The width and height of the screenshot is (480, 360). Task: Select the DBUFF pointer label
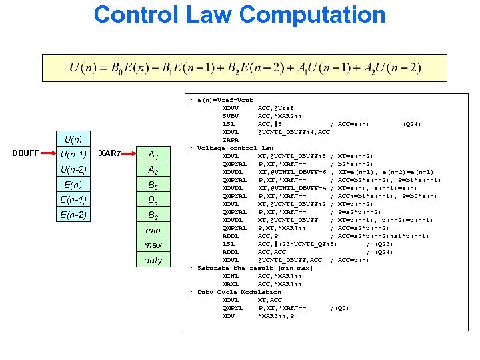[25, 154]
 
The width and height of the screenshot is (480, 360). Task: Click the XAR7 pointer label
[110, 154]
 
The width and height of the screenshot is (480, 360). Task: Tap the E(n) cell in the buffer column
[71, 185]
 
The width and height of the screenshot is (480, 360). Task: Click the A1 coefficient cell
[153, 155]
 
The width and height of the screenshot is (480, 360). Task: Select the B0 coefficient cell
[153, 185]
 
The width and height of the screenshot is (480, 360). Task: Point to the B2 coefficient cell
[153, 215]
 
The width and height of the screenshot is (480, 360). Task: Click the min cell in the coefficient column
[153, 230]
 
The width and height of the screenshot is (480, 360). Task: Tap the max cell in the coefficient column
[153, 245]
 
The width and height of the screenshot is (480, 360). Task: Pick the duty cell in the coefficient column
[153, 260]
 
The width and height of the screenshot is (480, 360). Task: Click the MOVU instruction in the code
[231, 108]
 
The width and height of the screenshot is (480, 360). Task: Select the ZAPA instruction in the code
[231, 140]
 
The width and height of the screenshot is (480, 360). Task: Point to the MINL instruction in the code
[231, 276]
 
